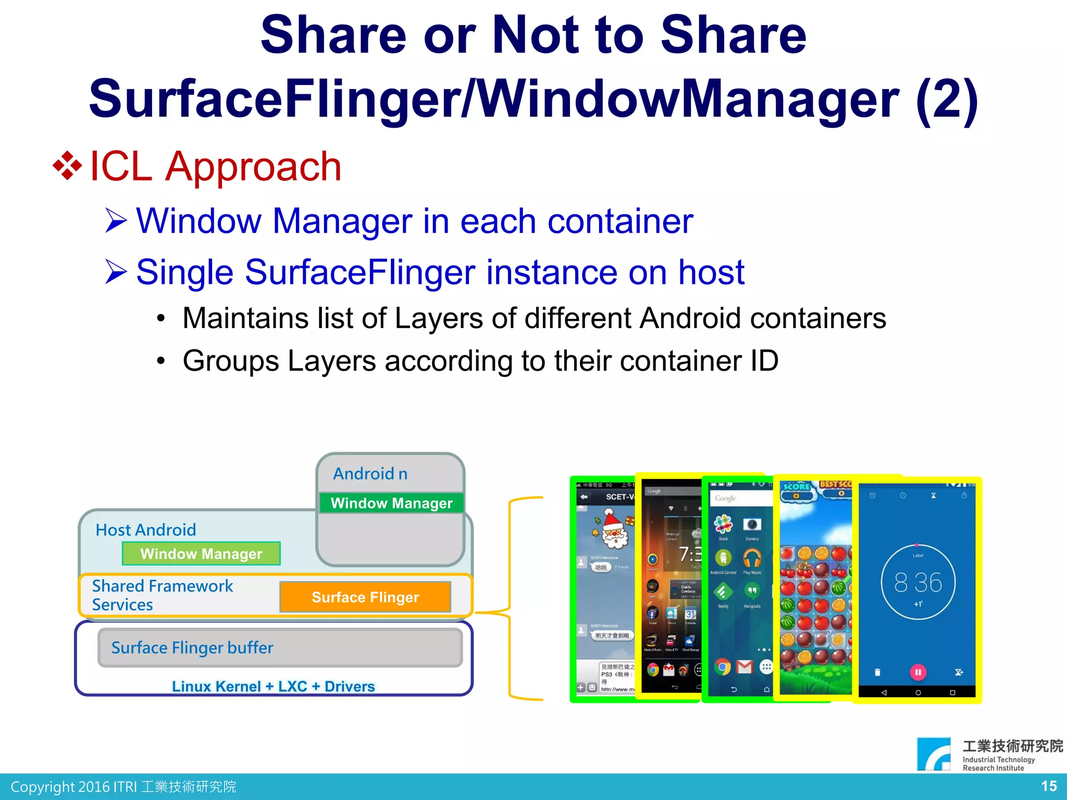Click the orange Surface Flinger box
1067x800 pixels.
coord(365,597)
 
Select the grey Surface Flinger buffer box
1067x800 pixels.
coord(280,647)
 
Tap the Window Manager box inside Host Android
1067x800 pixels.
coord(201,554)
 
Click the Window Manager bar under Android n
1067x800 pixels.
coord(391,503)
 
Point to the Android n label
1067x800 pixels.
coord(370,474)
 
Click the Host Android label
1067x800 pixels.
coord(146,530)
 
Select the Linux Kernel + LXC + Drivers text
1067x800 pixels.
coord(273,686)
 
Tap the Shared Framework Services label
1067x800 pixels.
coord(162,595)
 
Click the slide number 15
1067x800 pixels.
coord(1048,786)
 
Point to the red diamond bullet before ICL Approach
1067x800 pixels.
coord(68,166)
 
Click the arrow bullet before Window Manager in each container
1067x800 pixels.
coord(116,220)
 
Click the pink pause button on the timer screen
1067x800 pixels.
coord(918,672)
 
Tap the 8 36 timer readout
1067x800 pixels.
coord(918,582)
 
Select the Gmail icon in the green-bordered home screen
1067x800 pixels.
coord(745,667)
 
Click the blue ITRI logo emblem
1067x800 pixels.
coord(934,753)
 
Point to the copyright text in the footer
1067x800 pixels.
coord(123,786)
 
